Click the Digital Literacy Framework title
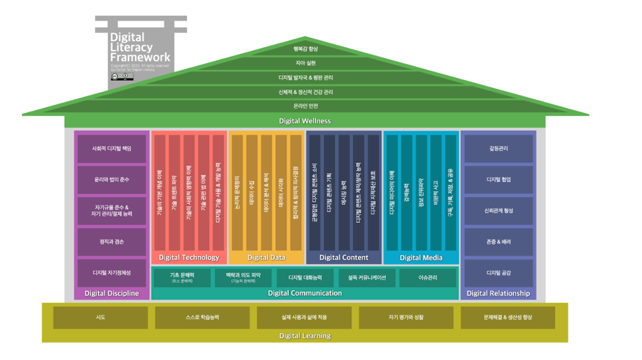coord(140,47)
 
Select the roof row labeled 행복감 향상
coord(306,49)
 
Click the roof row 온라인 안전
coord(306,106)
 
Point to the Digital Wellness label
coord(305,121)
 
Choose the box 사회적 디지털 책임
coord(111,149)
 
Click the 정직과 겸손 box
coord(111,242)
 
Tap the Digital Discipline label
coord(111,294)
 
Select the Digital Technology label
coord(189,257)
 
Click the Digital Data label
coord(266,257)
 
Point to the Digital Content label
coord(343,257)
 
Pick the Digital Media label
coord(421,257)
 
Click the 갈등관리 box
coord(498,149)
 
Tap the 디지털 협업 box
coord(498,179)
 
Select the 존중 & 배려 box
coord(498,242)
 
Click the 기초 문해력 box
coord(182,277)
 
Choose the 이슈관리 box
coord(427,278)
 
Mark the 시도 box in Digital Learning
coord(100,317)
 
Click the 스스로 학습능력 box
coord(202,317)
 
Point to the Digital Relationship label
coord(498,294)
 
